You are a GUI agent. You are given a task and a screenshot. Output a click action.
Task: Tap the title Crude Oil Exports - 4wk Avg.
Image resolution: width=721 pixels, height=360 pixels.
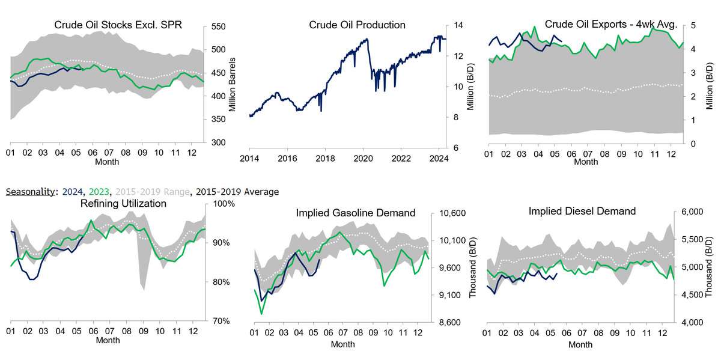611,25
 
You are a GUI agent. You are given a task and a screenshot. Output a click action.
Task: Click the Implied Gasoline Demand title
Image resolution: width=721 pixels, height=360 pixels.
356,213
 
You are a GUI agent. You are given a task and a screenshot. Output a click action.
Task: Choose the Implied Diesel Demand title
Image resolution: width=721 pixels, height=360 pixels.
582,211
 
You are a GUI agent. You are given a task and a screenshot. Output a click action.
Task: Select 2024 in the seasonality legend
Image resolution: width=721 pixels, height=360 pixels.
71,192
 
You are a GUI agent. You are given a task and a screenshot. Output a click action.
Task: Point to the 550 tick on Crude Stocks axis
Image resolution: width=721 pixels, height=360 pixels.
218,27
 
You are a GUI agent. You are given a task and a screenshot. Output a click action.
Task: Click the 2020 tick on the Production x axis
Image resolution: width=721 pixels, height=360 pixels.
363,159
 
